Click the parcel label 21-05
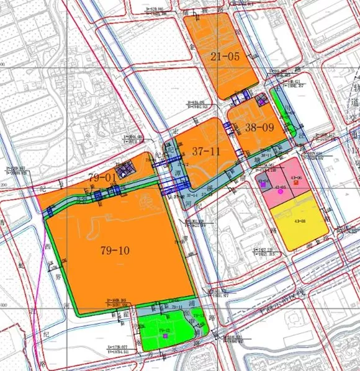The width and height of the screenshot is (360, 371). pyautogui.click(x=225, y=56)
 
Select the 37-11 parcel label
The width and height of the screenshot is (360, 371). pyautogui.click(x=206, y=151)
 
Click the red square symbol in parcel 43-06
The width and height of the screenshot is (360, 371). pyautogui.click(x=296, y=182)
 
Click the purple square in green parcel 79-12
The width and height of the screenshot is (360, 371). pyautogui.click(x=166, y=335)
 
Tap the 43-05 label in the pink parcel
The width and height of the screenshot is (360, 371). pyautogui.click(x=280, y=187)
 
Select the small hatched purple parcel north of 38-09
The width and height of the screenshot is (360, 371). pyautogui.click(x=261, y=99)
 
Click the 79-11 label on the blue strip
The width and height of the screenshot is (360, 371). pyautogui.click(x=176, y=307)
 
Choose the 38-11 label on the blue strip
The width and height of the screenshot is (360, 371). pyautogui.click(x=265, y=155)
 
